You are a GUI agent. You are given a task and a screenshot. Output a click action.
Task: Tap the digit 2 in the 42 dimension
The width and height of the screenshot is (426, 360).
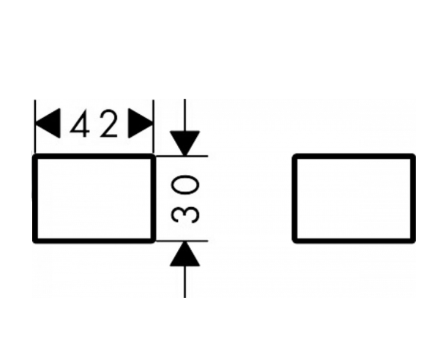[x=108, y=123]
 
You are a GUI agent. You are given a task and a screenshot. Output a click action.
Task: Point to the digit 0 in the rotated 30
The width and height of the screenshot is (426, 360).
[x=185, y=184]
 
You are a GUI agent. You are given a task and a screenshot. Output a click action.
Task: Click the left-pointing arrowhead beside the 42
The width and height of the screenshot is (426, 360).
[x=48, y=123]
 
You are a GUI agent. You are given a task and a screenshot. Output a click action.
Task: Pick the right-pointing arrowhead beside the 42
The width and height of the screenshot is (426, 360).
[x=141, y=123]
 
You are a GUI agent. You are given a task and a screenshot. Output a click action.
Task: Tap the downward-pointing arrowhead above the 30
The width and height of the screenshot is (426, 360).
[x=185, y=143]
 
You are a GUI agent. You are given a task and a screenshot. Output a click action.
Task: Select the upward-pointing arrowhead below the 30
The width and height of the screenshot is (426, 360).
[x=185, y=254]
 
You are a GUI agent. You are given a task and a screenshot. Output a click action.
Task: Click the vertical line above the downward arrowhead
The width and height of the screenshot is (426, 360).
[x=185, y=115]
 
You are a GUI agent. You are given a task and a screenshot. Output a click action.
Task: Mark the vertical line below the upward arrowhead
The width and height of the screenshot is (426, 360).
[x=185, y=282]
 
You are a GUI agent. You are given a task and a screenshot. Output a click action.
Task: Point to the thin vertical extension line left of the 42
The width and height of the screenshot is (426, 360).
[x=35, y=127]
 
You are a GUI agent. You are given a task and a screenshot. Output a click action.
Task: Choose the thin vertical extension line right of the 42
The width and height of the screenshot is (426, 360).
[x=154, y=127]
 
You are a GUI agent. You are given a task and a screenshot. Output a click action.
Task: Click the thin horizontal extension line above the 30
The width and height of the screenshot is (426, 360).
[x=182, y=156]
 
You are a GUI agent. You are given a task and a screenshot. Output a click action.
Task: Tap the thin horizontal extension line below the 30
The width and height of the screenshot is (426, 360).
[x=182, y=241]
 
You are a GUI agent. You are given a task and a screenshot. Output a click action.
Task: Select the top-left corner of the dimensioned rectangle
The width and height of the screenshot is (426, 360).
[x=34, y=156]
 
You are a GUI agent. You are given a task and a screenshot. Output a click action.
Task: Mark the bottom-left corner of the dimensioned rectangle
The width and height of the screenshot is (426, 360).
[x=34, y=241]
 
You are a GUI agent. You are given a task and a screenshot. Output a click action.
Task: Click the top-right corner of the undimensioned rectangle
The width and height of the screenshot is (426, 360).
[x=414, y=156]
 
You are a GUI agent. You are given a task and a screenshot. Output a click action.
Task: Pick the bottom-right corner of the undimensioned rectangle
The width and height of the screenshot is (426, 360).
[x=414, y=241]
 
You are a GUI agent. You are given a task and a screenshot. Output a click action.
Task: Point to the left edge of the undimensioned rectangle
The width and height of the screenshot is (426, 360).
[x=294, y=198]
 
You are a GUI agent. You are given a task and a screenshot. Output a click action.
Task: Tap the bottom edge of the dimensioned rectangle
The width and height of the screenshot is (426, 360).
[x=94, y=241]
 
